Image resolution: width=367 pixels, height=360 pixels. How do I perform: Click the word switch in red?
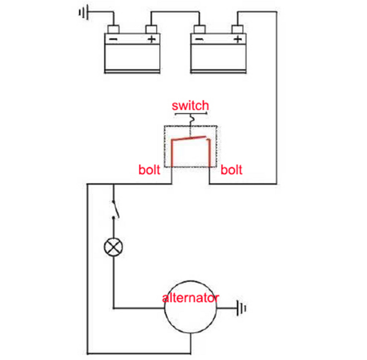tap(190, 105)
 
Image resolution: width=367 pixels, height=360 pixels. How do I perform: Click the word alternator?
tap(190, 298)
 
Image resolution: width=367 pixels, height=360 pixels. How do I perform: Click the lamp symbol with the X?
tap(113, 247)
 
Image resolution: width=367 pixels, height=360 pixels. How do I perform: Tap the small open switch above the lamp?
tap(115, 210)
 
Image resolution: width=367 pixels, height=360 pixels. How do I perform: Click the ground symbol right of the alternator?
tap(242, 308)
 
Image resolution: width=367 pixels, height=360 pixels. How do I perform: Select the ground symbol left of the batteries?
tap(82, 11)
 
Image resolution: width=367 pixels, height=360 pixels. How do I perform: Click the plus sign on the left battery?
tap(152, 39)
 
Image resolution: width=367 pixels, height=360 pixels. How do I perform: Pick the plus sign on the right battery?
tap(238, 39)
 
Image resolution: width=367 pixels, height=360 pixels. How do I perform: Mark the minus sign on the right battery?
tap(199, 39)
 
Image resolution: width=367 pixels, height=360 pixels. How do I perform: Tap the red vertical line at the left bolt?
tap(172, 154)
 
